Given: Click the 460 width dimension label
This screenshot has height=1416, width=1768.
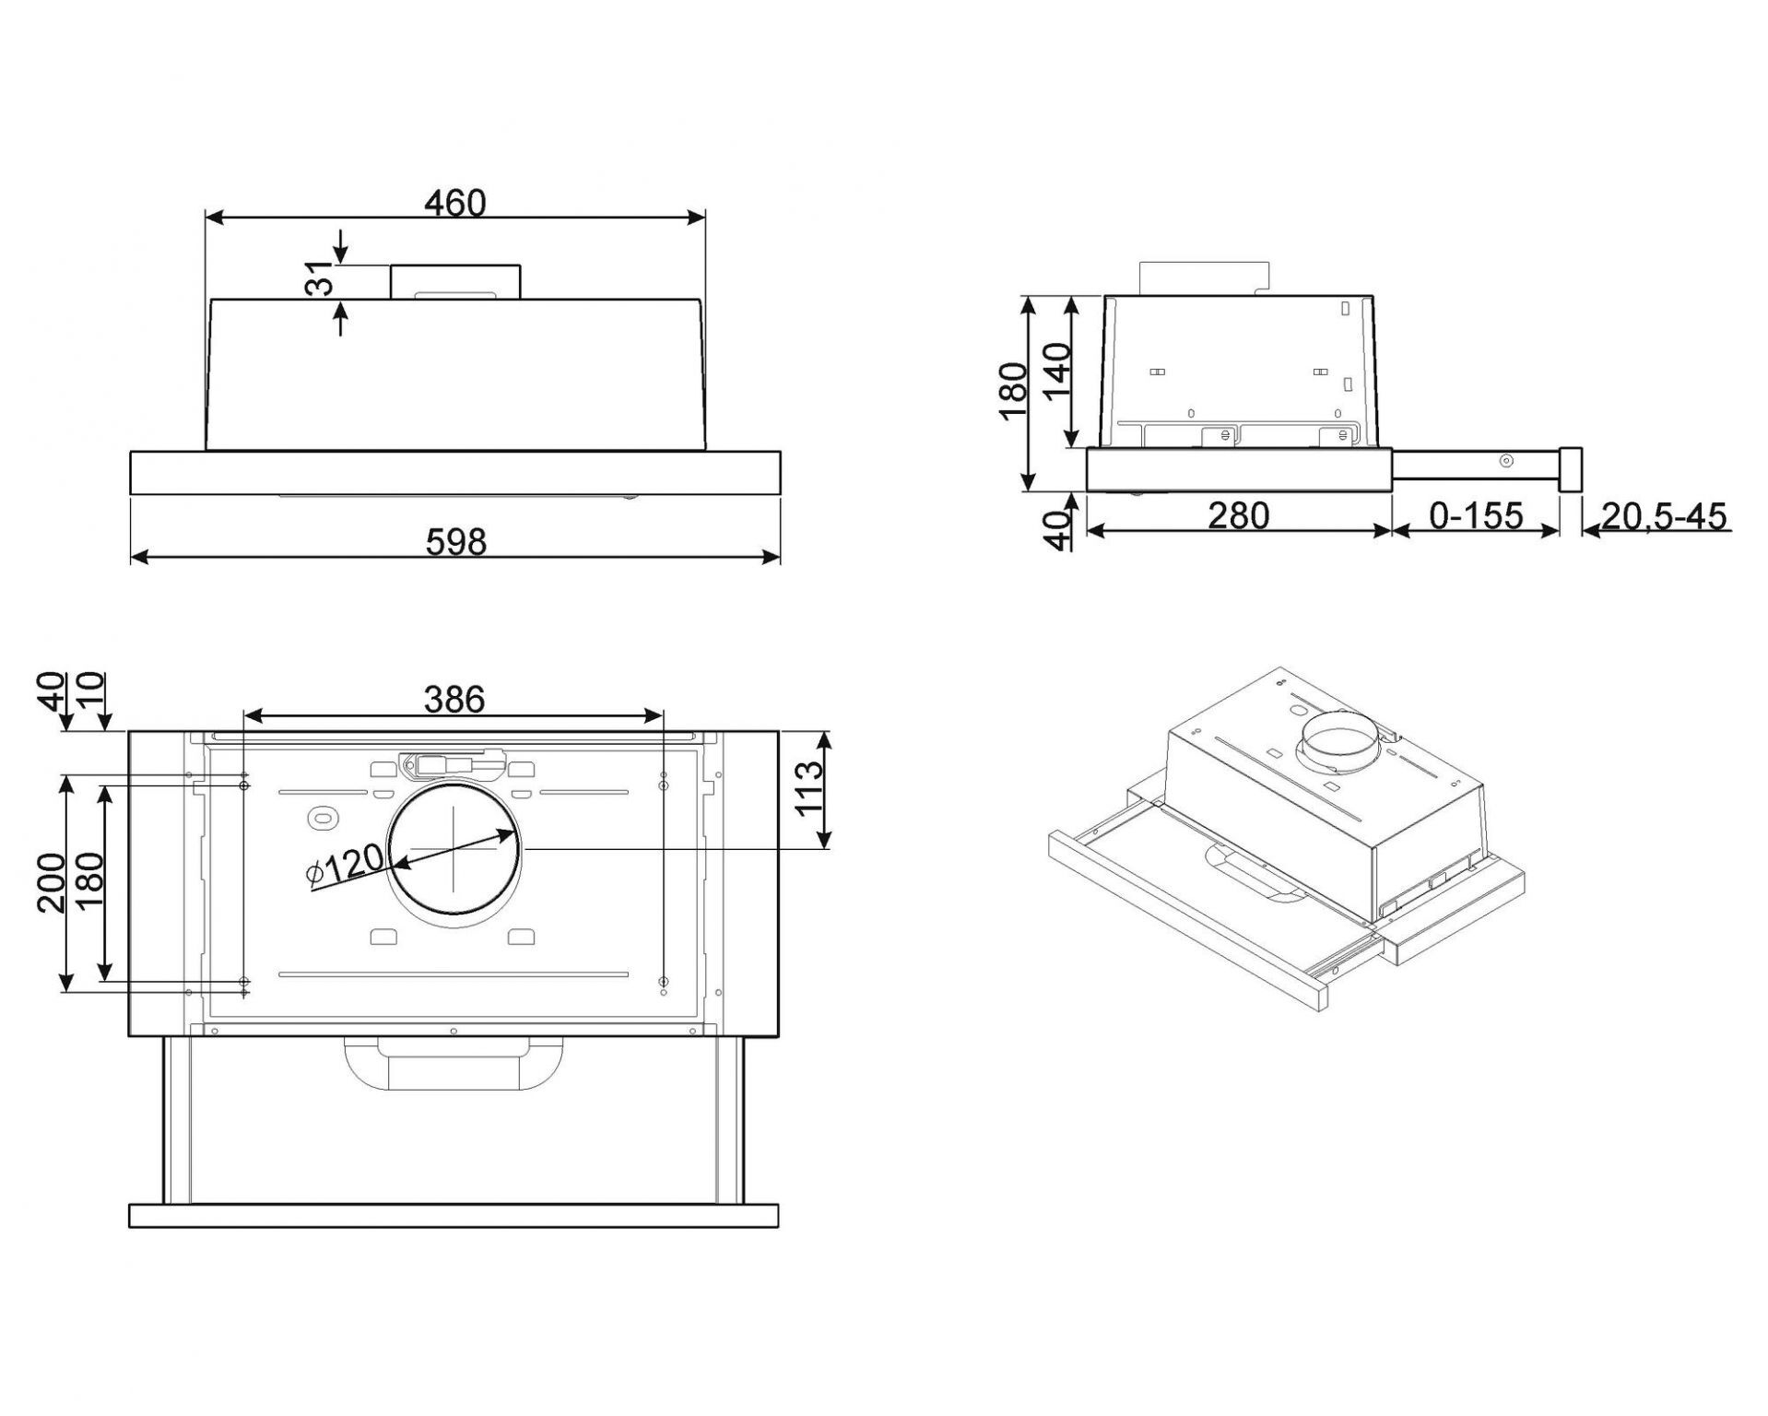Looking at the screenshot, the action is (454, 202).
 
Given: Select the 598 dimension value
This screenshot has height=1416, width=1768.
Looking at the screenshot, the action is (455, 541).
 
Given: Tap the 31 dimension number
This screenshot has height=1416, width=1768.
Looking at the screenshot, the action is (319, 278).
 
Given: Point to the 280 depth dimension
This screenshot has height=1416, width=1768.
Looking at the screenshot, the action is (1238, 514).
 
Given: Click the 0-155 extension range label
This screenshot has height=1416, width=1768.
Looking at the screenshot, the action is (1476, 514).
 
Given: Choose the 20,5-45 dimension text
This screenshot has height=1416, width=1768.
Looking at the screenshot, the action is (1664, 515).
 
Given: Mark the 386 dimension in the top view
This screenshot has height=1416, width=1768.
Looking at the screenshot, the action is (454, 700).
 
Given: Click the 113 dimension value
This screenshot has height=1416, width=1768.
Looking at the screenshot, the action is (809, 787).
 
